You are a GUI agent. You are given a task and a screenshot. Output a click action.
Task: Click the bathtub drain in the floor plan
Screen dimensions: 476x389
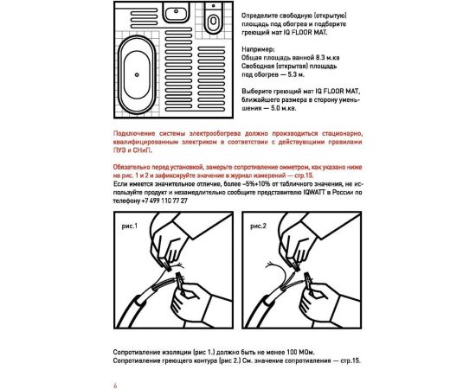coord(137,74)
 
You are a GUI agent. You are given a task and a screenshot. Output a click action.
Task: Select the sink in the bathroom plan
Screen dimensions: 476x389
coord(176,12)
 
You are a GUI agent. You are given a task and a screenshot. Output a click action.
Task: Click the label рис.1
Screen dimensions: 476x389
coord(130,226)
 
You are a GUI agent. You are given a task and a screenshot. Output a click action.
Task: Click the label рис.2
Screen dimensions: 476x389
coord(258,226)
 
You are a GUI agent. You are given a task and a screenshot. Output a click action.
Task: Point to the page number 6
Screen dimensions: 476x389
coord(115,386)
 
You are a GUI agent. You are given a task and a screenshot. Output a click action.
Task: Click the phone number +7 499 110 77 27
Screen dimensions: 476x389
coord(164,201)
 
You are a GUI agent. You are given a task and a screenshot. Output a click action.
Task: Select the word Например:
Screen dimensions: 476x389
coord(258,49)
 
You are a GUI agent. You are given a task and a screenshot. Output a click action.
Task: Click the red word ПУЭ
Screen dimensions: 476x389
coord(120,150)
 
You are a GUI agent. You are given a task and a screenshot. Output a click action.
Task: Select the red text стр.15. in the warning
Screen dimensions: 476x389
coord(306,175)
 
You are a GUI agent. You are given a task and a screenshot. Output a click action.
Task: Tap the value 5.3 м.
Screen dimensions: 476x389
coord(296,74)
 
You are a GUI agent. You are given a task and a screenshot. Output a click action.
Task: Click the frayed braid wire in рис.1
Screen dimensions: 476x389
coord(177,265)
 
